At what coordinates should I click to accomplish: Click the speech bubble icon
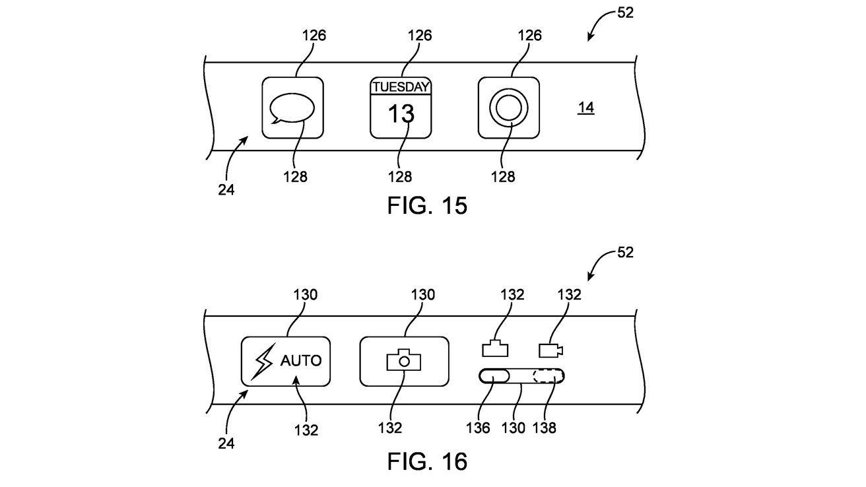(x=292, y=108)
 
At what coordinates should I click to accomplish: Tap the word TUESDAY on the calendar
(x=401, y=87)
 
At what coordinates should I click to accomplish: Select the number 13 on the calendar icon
(x=401, y=114)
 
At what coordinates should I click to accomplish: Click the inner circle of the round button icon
(x=508, y=108)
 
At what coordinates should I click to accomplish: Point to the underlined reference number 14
(x=585, y=108)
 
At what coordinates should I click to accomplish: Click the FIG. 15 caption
(x=427, y=205)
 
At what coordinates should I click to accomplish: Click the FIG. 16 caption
(x=427, y=461)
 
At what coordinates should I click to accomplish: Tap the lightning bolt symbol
(x=263, y=362)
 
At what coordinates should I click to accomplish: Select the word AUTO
(x=301, y=360)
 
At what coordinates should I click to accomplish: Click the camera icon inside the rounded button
(x=403, y=360)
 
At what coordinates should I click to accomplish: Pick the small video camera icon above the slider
(x=551, y=350)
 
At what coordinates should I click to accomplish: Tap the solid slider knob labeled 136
(x=494, y=376)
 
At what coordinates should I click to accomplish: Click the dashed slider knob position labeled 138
(x=549, y=376)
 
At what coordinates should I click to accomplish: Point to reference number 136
(x=478, y=428)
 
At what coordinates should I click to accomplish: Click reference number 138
(x=544, y=428)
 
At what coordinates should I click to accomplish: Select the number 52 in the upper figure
(x=625, y=13)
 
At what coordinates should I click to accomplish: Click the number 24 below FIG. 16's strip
(x=226, y=443)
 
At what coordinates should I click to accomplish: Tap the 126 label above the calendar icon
(x=420, y=36)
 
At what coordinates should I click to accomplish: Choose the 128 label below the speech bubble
(x=295, y=177)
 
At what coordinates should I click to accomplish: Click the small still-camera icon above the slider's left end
(x=495, y=348)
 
